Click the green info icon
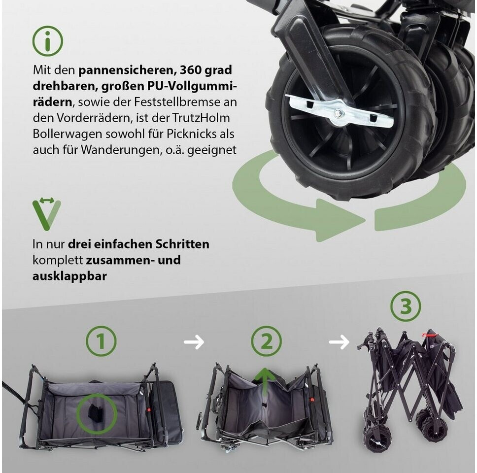pos(48,41)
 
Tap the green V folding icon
pos(46,214)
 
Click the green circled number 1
pos(101,342)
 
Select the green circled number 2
pos(266,341)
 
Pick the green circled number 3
pos(406,306)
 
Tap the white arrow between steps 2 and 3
pos(339,341)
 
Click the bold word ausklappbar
pos(69,276)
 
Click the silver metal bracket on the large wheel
pos(341,110)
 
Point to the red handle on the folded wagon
pos(430,336)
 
